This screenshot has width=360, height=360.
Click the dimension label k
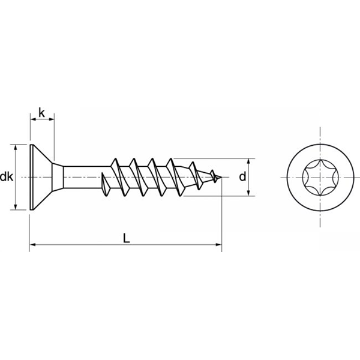tap(41, 112)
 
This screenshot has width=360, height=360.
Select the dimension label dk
tap(7, 177)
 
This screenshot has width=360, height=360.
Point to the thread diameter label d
tap(242, 177)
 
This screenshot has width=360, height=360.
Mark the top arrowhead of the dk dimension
tap(14, 148)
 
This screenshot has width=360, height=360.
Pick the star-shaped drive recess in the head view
tap(318, 177)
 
